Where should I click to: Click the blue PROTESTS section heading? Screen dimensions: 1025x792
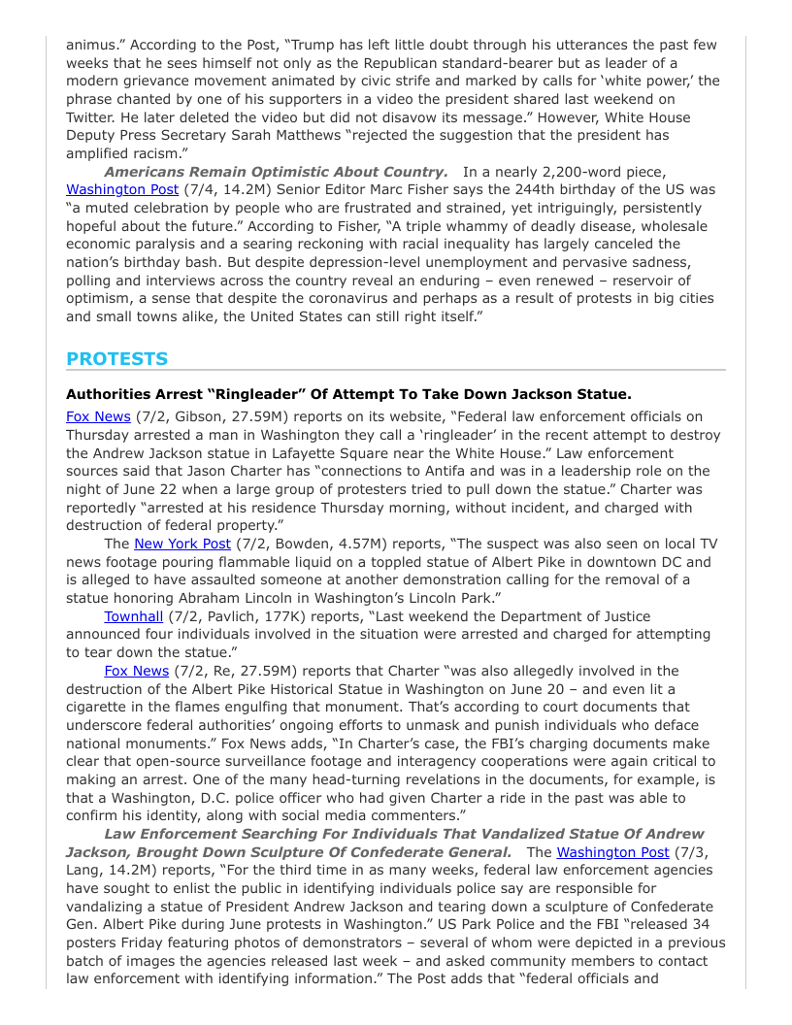pos(116,358)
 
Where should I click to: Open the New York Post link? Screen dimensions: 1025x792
pos(182,544)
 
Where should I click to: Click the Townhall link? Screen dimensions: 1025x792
pos(134,615)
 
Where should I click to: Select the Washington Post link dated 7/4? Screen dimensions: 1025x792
pos(122,189)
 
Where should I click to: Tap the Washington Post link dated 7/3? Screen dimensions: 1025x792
pos(612,852)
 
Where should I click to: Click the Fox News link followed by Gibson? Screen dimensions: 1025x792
pos(98,416)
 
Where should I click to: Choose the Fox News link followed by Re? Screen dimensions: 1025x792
pos(137,670)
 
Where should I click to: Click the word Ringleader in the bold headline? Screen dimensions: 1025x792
pos(316,394)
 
